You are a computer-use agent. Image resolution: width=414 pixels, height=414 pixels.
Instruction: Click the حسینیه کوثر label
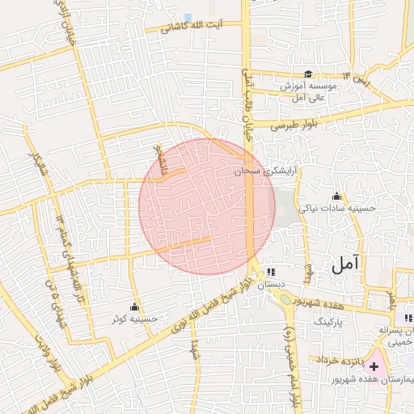tap(135, 319)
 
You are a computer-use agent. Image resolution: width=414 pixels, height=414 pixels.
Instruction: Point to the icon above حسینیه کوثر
tap(135, 307)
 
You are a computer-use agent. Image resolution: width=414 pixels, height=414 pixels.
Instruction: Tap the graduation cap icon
tap(307, 74)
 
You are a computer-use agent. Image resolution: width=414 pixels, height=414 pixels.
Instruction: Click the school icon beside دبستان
tap(270, 272)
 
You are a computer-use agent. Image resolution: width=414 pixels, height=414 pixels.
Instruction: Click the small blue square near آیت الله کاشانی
tap(188, 17)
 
